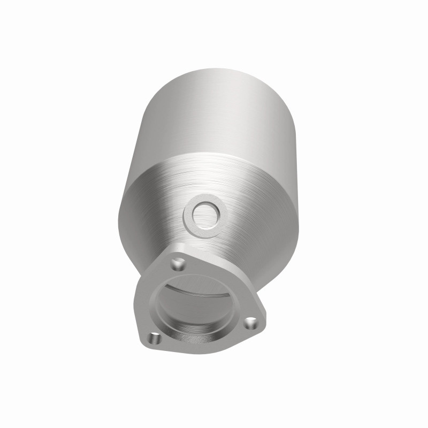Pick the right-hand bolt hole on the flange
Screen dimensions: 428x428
tap(250, 323)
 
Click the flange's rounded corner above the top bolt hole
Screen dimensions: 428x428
tap(177, 251)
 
